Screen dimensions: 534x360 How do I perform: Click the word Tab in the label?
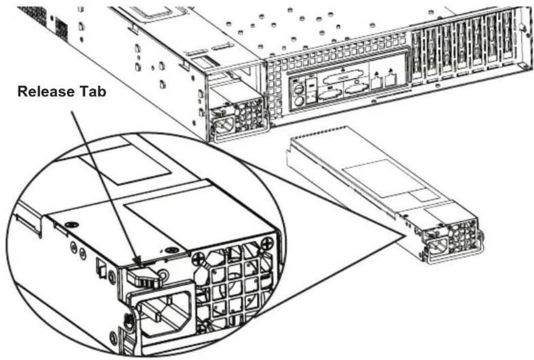click(94, 92)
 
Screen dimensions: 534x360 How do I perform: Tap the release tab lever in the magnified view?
click(143, 276)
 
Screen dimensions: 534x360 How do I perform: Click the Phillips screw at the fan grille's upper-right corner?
click(268, 243)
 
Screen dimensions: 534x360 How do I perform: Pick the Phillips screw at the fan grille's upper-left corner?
click(198, 259)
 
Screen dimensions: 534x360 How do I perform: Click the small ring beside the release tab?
click(163, 275)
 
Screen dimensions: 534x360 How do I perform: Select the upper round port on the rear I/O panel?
click(299, 89)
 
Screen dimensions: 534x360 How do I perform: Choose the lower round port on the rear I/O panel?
click(299, 101)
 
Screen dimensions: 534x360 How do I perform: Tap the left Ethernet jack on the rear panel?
click(376, 82)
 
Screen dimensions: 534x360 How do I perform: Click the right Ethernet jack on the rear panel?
click(390, 80)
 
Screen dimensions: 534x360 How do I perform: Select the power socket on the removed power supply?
click(436, 246)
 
